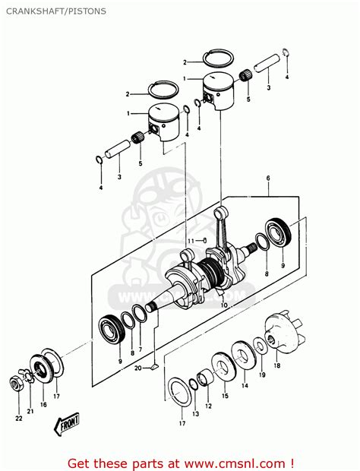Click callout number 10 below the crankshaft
pos(223,305)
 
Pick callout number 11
pos(192,240)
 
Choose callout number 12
pos(208,406)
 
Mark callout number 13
pos(195,413)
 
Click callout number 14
pos(245,386)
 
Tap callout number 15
pos(225,396)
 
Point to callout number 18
pos(277,365)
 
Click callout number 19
pos(262,375)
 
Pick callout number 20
pos(138,368)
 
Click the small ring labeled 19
pos(261,346)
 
